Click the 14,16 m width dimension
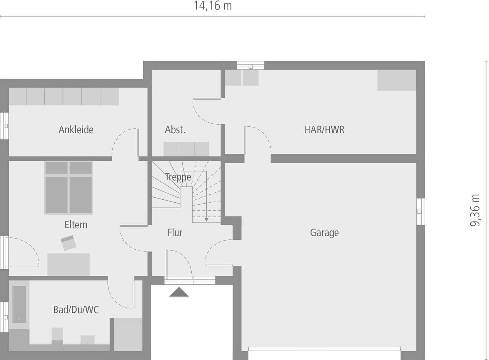(212, 6)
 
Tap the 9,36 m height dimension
(475, 210)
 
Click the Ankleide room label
(76, 129)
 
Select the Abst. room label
(175, 129)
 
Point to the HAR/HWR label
(324, 129)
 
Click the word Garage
(324, 232)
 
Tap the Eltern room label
(76, 224)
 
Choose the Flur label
(175, 232)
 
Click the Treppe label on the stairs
(178, 177)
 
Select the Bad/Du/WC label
(76, 310)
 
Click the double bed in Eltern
(69, 187)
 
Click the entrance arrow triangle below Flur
(179, 292)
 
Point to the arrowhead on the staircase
(206, 220)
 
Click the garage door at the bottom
(324, 349)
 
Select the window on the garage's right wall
(420, 211)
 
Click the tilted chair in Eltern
(69, 243)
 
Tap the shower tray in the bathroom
(128, 334)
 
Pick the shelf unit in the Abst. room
(186, 149)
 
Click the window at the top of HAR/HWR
(251, 65)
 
